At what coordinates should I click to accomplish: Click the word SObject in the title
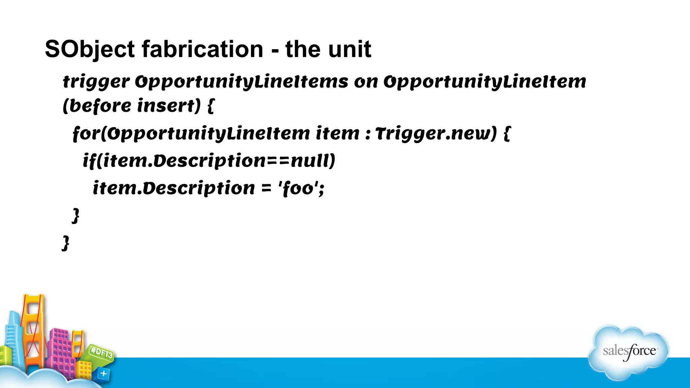tap(90, 50)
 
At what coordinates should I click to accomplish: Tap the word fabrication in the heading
tap(202, 50)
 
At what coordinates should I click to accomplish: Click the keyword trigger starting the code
tap(96, 82)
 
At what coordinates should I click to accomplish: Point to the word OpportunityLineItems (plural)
tap(242, 82)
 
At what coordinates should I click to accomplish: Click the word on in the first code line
tap(366, 82)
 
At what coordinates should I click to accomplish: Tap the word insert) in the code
tap(169, 106)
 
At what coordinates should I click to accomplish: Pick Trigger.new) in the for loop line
tap(436, 133)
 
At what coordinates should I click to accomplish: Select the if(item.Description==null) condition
tap(209, 161)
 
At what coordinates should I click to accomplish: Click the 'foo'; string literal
tap(301, 188)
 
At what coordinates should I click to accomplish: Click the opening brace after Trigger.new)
tap(507, 134)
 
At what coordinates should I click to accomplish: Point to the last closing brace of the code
tap(66, 243)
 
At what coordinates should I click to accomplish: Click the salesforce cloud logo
tap(629, 352)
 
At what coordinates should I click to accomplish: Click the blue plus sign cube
tap(103, 374)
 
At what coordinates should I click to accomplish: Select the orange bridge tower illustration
tap(33, 330)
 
